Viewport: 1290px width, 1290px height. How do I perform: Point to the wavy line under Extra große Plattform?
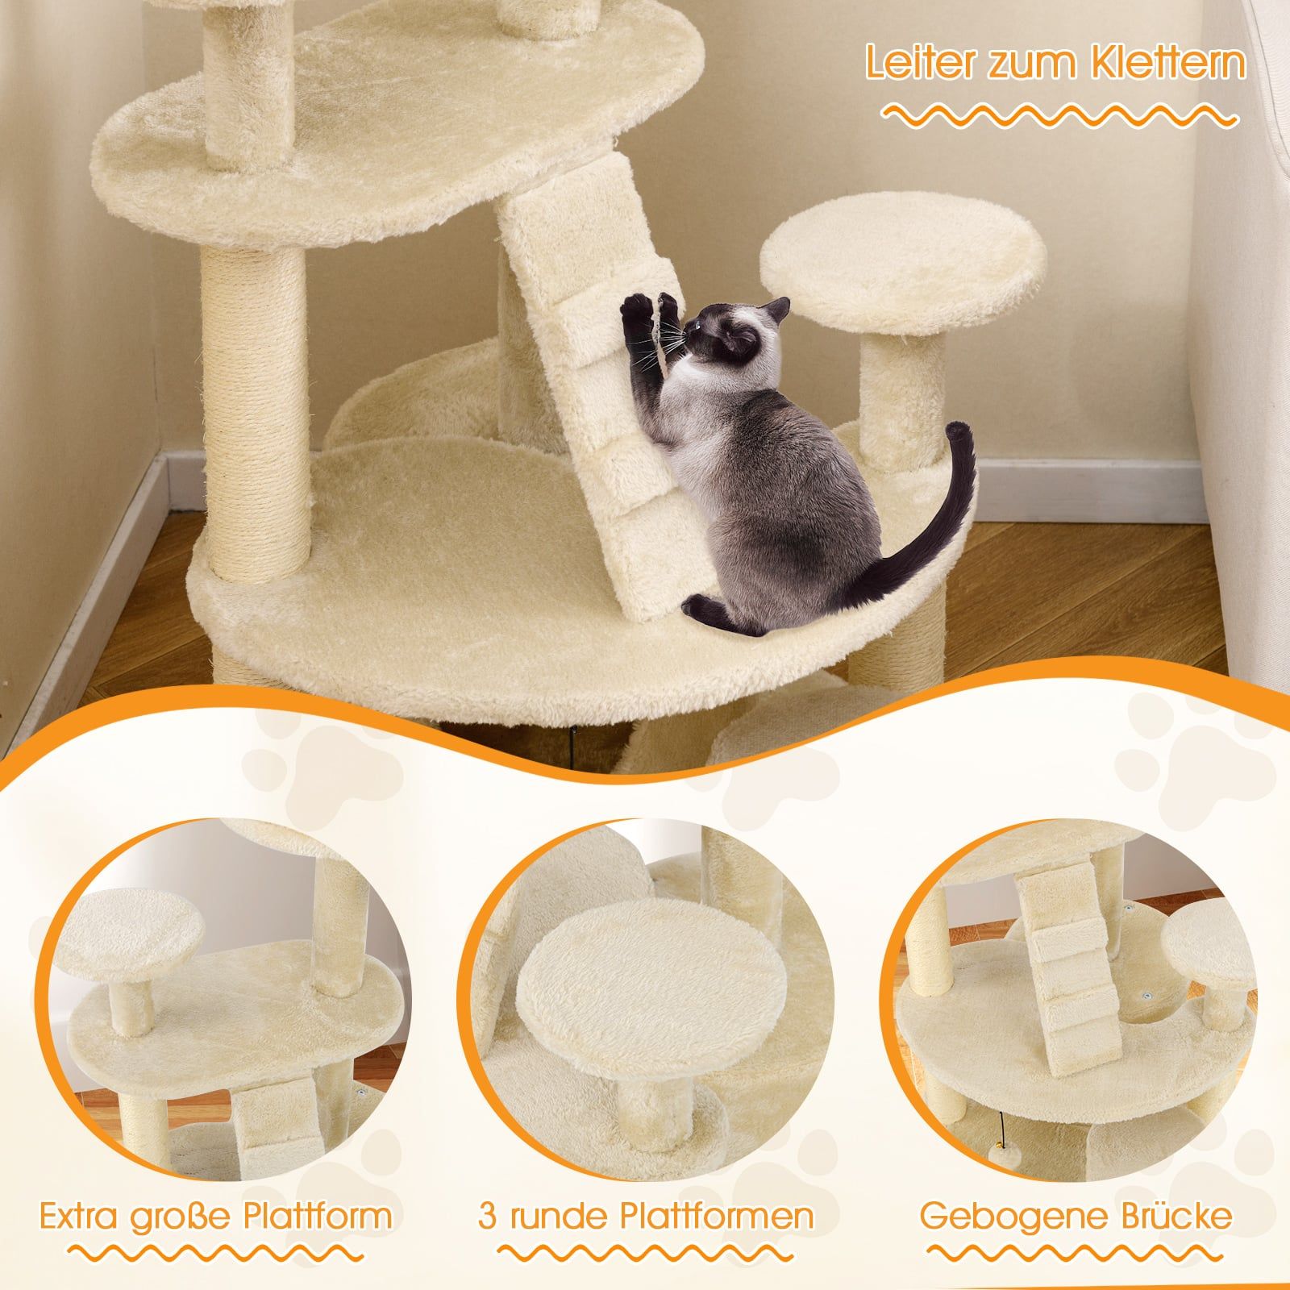215,1257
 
